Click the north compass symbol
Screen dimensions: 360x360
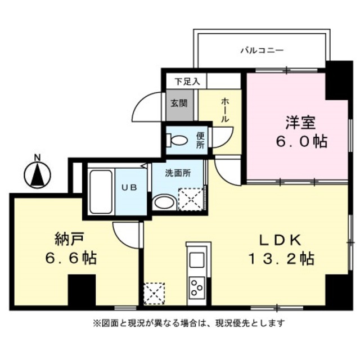coord(37,174)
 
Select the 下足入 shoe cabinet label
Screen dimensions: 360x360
coord(187,80)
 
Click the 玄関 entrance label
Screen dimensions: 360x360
coord(179,103)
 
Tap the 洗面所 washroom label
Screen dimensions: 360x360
coord(178,173)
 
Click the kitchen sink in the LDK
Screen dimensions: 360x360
coord(197,260)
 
